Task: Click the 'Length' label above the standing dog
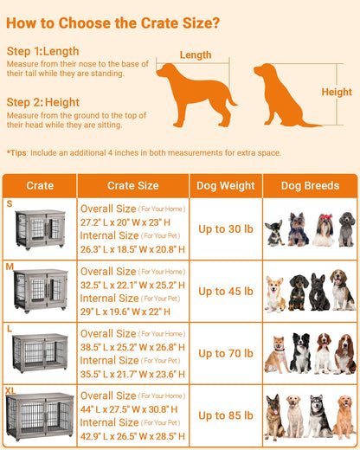click(196, 55)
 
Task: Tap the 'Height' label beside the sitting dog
click(337, 92)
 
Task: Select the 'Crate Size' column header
click(132, 185)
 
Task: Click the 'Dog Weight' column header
click(225, 185)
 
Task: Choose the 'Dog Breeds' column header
click(310, 185)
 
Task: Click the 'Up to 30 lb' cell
click(225, 228)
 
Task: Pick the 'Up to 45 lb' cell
click(225, 291)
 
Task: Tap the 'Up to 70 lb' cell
click(225, 353)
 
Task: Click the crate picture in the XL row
click(41, 417)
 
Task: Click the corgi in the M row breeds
click(275, 294)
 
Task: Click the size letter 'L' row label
click(10, 329)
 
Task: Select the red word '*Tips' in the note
click(17, 153)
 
